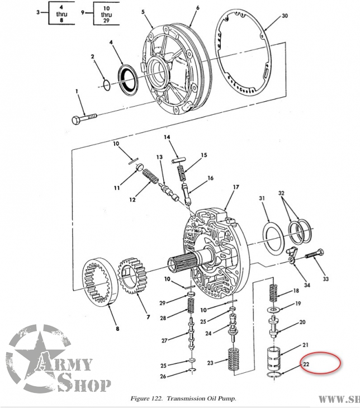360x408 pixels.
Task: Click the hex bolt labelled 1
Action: point(84,118)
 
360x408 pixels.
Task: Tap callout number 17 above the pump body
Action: point(236,187)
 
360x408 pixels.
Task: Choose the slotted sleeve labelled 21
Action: point(274,358)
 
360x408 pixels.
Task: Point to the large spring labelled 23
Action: point(234,359)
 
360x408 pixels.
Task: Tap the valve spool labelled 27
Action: point(192,334)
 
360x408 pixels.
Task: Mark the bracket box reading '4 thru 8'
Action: point(61,13)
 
